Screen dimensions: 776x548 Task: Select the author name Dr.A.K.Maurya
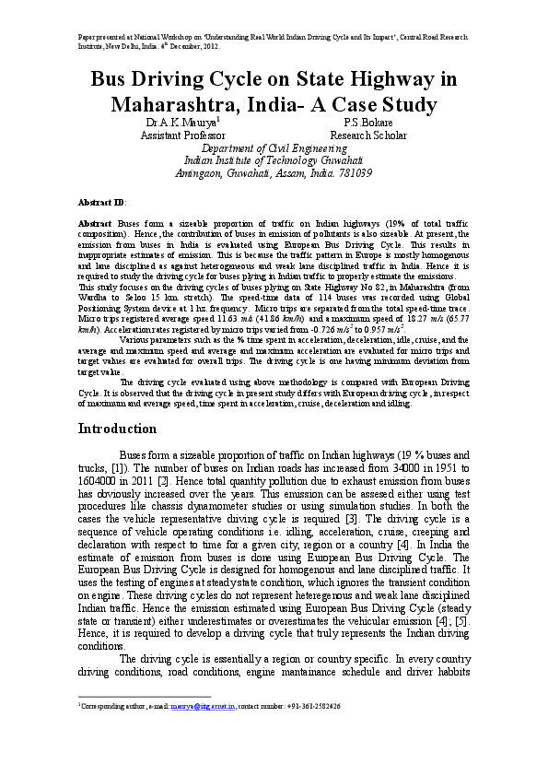pos(181,122)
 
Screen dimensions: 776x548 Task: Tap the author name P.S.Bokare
pos(369,122)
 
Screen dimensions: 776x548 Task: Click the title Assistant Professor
pos(182,135)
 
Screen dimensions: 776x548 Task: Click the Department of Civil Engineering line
pos(274,147)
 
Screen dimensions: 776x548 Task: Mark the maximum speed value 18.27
pos(431,319)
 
